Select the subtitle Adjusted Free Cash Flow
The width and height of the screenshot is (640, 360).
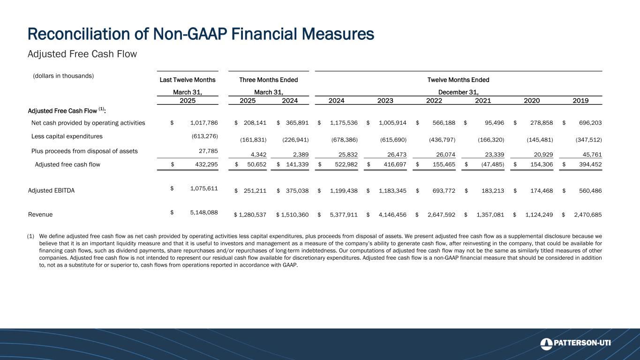(82, 54)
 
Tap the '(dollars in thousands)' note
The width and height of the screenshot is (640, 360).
(63, 75)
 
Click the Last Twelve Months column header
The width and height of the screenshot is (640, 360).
(188, 80)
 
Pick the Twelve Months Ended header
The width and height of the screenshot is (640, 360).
(459, 80)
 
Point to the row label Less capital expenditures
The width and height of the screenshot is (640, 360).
(67, 136)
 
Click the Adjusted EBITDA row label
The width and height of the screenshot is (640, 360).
(52, 191)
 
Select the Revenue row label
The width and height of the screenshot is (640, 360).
(40, 214)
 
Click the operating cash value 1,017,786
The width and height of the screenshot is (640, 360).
(204, 123)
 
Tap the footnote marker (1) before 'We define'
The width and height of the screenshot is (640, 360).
(31, 236)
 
